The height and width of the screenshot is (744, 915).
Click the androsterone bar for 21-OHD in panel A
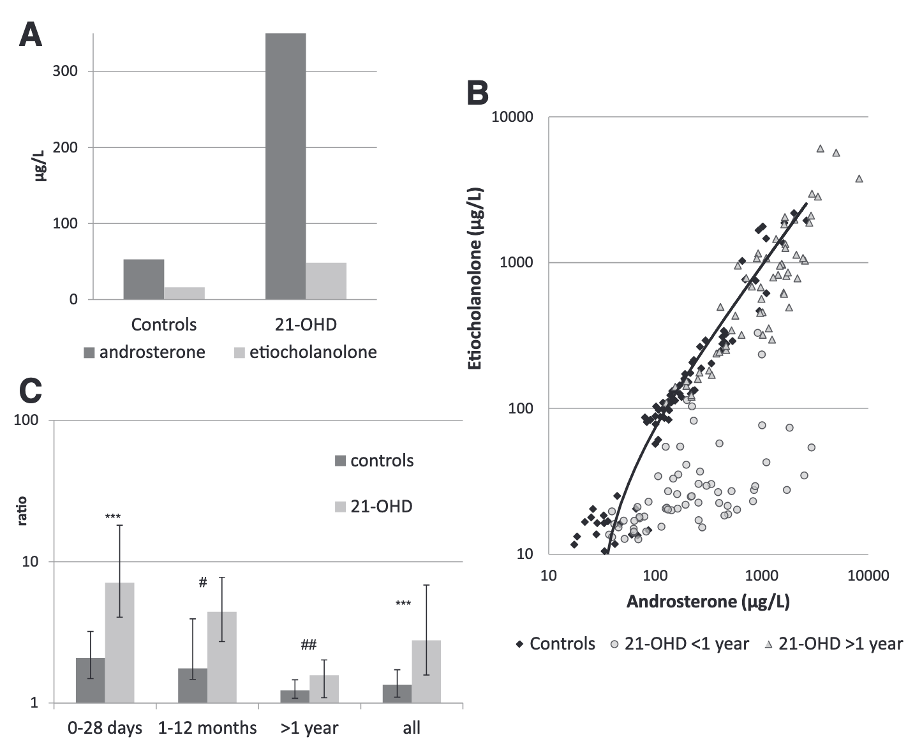(x=285, y=166)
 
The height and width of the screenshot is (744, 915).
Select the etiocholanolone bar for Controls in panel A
(x=184, y=293)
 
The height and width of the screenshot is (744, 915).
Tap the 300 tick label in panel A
(x=65, y=71)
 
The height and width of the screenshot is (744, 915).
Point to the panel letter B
(x=478, y=93)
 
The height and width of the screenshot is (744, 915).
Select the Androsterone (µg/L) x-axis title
(x=708, y=601)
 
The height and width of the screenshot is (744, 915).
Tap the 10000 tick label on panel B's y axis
(x=512, y=117)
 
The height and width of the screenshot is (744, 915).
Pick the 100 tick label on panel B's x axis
(x=655, y=576)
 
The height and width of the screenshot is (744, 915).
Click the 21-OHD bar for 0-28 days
(x=119, y=643)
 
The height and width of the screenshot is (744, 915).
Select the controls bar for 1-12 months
(x=193, y=685)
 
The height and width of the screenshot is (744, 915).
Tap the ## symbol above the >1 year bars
(x=309, y=645)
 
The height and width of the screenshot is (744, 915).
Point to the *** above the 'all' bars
(x=403, y=604)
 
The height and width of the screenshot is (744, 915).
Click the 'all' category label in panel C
(x=412, y=728)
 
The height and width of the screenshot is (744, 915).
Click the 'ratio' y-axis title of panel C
(x=22, y=510)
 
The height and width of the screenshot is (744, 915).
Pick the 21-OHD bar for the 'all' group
(x=426, y=671)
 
